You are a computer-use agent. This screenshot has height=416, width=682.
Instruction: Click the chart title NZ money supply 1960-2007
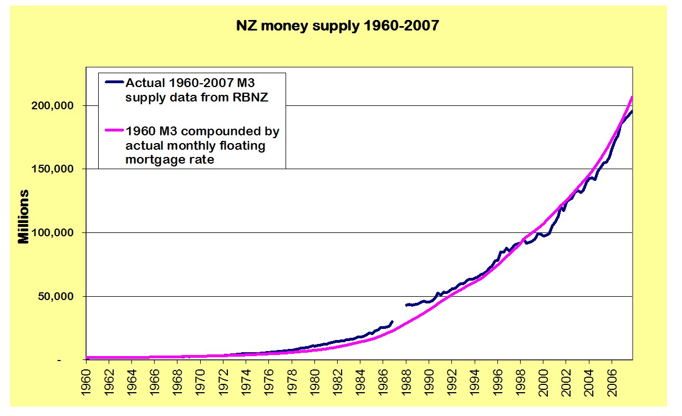pos(340,26)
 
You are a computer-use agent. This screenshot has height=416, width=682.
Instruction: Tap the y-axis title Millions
pos(23,216)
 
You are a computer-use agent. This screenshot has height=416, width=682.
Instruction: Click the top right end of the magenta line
pos(632,98)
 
